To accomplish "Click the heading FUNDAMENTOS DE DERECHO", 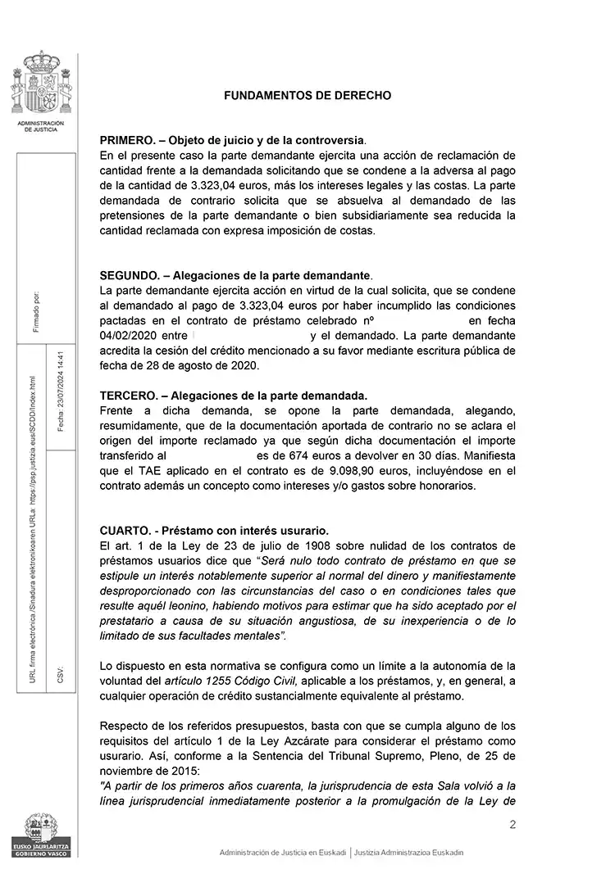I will (307, 96).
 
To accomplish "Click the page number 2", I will (512, 825).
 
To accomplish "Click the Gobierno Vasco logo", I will (39, 835).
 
